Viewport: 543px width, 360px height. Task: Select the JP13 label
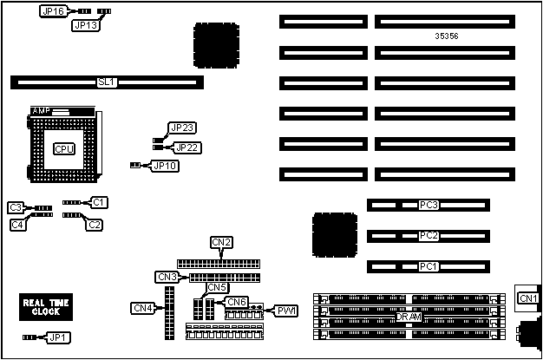85,26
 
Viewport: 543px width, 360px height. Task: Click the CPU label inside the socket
64,148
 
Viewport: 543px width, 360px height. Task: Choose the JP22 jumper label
187,147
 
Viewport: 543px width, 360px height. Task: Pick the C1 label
100,202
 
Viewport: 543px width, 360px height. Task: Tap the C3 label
16,207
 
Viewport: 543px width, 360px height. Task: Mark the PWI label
286,310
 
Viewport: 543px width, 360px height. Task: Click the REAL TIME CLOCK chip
46,307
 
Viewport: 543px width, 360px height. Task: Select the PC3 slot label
428,206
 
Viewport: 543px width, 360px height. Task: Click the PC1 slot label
428,265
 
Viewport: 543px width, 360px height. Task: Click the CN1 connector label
527,298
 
